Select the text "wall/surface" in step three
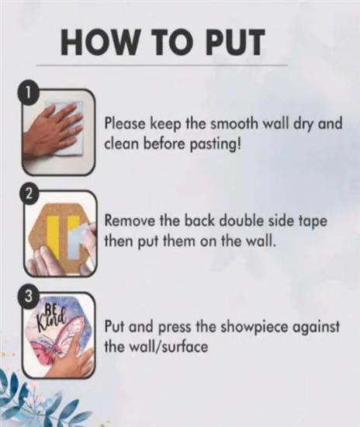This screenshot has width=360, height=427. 168,346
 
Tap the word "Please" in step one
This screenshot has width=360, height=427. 126,123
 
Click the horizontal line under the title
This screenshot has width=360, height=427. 162,65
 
